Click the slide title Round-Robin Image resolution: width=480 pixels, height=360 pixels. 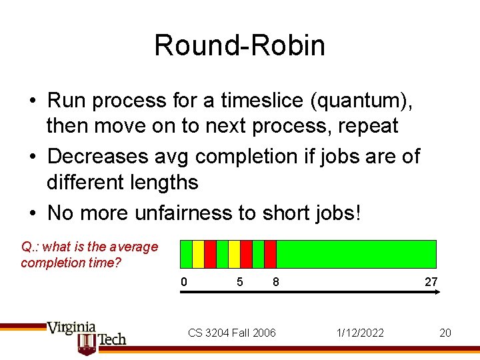click(239, 45)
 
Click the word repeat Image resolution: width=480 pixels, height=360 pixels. click(368, 126)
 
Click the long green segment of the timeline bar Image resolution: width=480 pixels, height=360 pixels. click(356, 254)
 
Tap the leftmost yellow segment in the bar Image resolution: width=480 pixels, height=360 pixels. click(198, 254)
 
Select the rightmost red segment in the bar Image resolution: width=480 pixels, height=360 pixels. click(270, 254)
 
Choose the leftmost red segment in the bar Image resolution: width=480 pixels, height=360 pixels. click(210, 254)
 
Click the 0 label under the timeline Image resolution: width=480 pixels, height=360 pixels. click(184, 282)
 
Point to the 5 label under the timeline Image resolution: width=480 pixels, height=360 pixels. click(239, 282)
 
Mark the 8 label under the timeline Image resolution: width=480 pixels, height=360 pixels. click(275, 282)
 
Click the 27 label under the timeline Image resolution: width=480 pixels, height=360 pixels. click(431, 282)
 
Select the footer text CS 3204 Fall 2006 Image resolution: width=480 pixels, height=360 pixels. click(231, 333)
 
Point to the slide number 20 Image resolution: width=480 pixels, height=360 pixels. click(445, 333)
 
